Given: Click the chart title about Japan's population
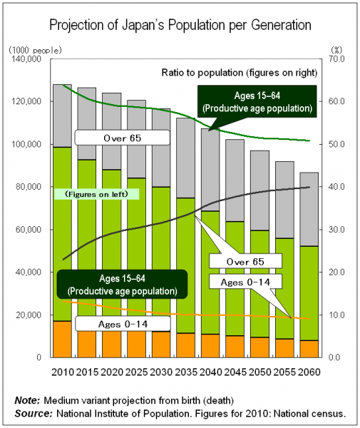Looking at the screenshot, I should point(180,25).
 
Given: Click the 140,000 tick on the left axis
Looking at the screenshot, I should point(26,59).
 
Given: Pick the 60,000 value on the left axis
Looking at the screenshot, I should point(29,230).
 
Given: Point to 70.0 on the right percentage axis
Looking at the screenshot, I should point(336,59).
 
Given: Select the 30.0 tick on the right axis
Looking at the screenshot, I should point(336,230).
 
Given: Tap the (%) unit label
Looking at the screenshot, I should point(337,49).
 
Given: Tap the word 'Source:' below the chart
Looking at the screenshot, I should point(32,413).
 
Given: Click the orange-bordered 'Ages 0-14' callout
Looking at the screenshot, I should point(245,282).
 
